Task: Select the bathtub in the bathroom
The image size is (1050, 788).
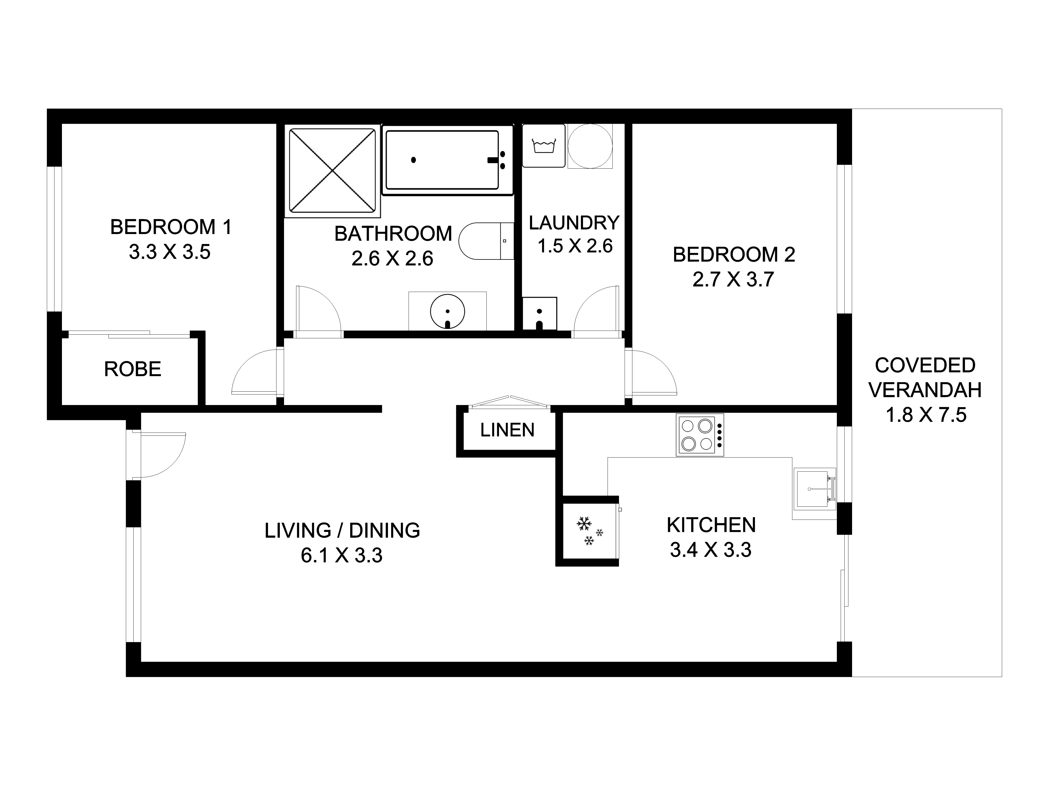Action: tap(448, 160)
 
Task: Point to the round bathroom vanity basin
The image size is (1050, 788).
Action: tap(447, 312)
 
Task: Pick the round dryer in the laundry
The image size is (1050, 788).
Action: tap(590, 146)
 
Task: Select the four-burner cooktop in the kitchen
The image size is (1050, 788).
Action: tap(700, 435)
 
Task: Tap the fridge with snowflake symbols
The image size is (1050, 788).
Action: tap(590, 531)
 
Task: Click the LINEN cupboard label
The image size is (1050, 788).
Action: tap(507, 430)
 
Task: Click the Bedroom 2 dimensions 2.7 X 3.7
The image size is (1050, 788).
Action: tap(733, 279)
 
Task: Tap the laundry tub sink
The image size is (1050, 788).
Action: tap(539, 313)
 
